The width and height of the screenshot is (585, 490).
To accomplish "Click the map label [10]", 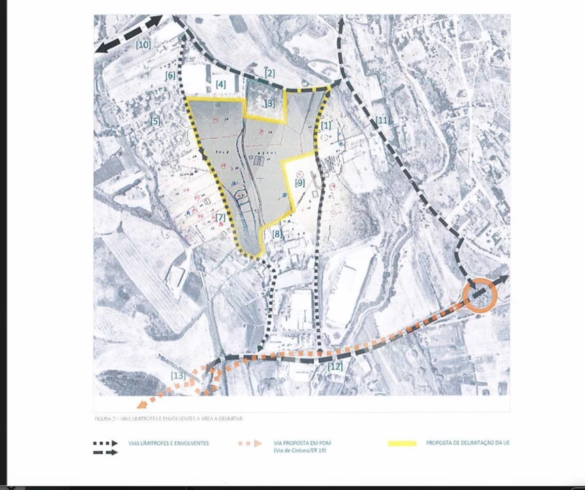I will (143, 45).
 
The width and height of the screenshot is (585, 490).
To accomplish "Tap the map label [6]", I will (170, 76).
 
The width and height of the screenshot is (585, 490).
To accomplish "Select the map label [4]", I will (221, 84).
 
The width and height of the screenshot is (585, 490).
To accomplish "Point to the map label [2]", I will (270, 73).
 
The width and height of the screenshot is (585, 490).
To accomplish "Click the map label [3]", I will (270, 104).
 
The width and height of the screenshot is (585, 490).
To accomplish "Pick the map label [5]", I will (156, 121).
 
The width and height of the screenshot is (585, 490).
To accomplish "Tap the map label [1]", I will (326, 125).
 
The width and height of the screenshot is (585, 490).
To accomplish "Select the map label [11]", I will (382, 120).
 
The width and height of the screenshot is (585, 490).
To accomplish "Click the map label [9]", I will (300, 182).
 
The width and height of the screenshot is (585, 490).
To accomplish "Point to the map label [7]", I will (220, 218).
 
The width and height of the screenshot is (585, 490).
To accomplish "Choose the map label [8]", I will (277, 233).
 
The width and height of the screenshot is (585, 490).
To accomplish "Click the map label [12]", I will (335, 367).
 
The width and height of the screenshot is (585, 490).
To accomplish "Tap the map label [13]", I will (178, 376).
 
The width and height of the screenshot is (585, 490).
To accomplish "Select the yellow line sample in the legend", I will (402, 444).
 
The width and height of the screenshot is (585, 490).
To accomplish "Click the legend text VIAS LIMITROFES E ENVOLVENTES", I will (168, 443).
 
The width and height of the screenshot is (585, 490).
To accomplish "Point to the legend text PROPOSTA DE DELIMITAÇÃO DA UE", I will (468, 443).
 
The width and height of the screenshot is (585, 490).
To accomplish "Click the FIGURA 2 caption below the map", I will (168, 418).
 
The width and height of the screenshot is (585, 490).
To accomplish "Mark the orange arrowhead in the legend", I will (257, 444).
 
